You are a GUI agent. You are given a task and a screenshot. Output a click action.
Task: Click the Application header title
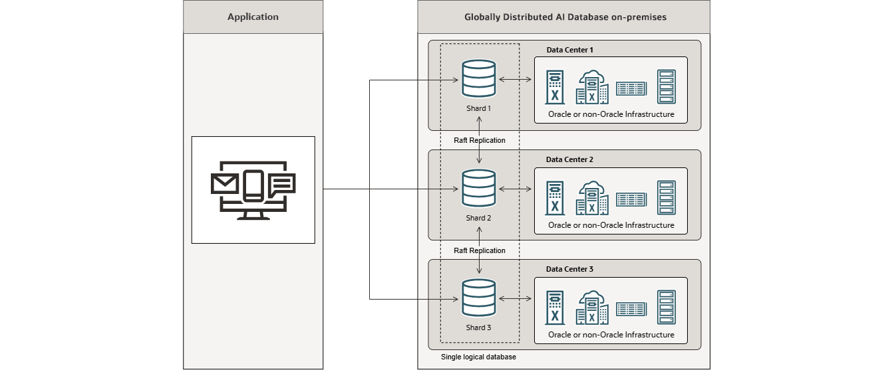(253, 17)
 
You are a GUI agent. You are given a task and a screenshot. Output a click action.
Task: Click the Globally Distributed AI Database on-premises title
(563, 17)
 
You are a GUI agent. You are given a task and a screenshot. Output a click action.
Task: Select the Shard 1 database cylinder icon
(480, 78)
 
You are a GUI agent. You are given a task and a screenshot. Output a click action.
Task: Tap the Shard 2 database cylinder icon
(480, 189)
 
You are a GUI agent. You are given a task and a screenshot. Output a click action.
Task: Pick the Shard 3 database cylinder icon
(480, 299)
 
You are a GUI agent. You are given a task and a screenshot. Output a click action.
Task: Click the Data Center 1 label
(569, 50)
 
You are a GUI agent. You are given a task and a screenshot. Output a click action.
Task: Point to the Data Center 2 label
(569, 159)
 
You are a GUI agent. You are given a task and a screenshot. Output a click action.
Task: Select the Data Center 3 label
(569, 269)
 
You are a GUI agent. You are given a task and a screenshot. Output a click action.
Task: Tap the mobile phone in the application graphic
(253, 185)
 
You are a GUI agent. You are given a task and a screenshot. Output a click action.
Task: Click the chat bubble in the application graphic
(282, 185)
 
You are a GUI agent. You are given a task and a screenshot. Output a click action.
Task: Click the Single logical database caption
(478, 357)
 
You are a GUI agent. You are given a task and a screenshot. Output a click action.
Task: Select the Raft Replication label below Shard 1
(479, 140)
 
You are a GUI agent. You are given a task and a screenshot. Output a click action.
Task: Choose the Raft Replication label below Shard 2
(479, 250)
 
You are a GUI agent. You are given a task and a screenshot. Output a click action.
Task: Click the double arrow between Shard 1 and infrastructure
(516, 80)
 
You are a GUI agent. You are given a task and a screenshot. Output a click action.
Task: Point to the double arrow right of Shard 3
(516, 300)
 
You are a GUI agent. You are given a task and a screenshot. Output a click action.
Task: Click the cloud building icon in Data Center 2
(591, 198)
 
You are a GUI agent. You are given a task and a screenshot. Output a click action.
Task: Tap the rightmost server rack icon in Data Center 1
(666, 87)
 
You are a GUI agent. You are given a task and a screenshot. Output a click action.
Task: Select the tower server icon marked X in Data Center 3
(554, 308)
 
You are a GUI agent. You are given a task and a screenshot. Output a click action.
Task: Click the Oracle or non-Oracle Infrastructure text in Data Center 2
(611, 225)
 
